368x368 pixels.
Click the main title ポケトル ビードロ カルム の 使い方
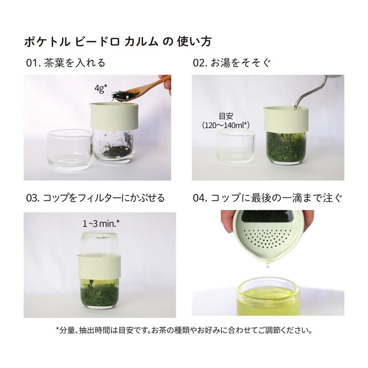tap(118, 41)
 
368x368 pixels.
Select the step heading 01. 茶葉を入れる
tap(65, 63)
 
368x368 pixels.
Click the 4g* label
tap(101, 88)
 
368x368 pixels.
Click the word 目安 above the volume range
tap(229, 116)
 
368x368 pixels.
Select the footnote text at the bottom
tap(183, 330)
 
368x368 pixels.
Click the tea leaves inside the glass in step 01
tap(112, 151)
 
